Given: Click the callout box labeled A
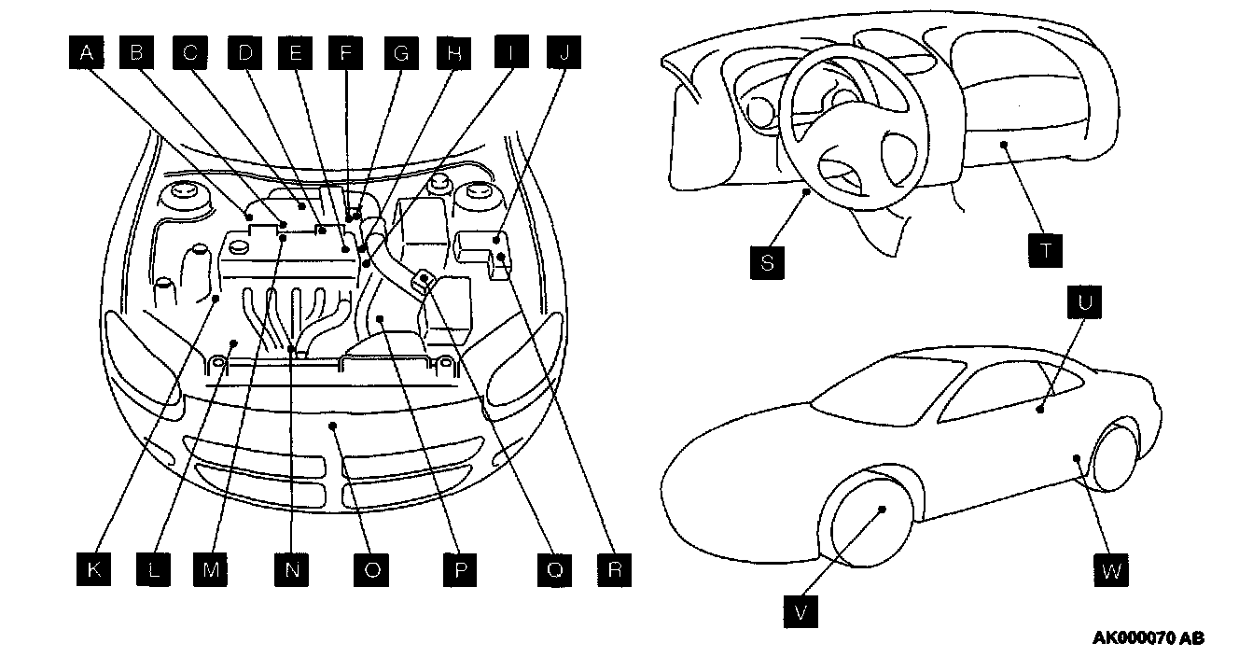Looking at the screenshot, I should point(87,54).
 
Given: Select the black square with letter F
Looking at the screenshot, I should point(346,54).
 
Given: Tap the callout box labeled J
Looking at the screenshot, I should point(563,54).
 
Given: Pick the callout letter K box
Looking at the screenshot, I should point(93,569).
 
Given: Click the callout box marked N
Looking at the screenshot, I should point(292,569).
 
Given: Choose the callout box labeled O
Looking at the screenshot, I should point(371,569).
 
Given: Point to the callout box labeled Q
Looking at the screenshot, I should point(554,569).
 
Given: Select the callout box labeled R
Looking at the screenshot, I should point(614,569).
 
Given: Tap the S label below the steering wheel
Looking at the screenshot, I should point(768,262).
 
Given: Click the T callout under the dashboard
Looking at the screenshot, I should point(1047,250).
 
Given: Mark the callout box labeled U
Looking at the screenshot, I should point(1087,303).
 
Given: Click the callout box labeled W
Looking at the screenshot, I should point(1110,570).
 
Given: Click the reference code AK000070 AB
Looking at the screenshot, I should point(1149,639).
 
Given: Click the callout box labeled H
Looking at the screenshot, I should point(454,54).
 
